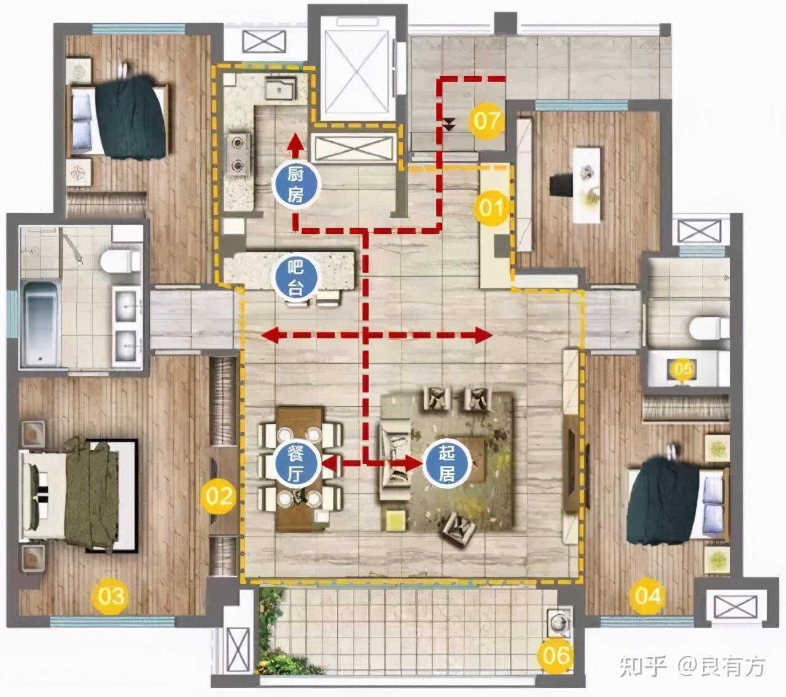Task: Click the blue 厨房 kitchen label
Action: pos(295,185)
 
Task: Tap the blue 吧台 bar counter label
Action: pos(295,277)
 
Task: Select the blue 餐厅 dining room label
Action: pos(295,463)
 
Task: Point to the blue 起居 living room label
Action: pos(446,463)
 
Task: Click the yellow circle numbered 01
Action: pos(491,208)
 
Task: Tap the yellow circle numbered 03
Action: pos(110,596)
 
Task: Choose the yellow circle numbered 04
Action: pos(647,596)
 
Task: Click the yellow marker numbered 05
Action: pos(682,369)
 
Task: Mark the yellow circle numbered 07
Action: pos(486,120)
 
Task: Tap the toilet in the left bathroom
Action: pos(120,261)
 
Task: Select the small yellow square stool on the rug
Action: pos(395,520)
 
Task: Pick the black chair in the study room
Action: pos(561,185)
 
